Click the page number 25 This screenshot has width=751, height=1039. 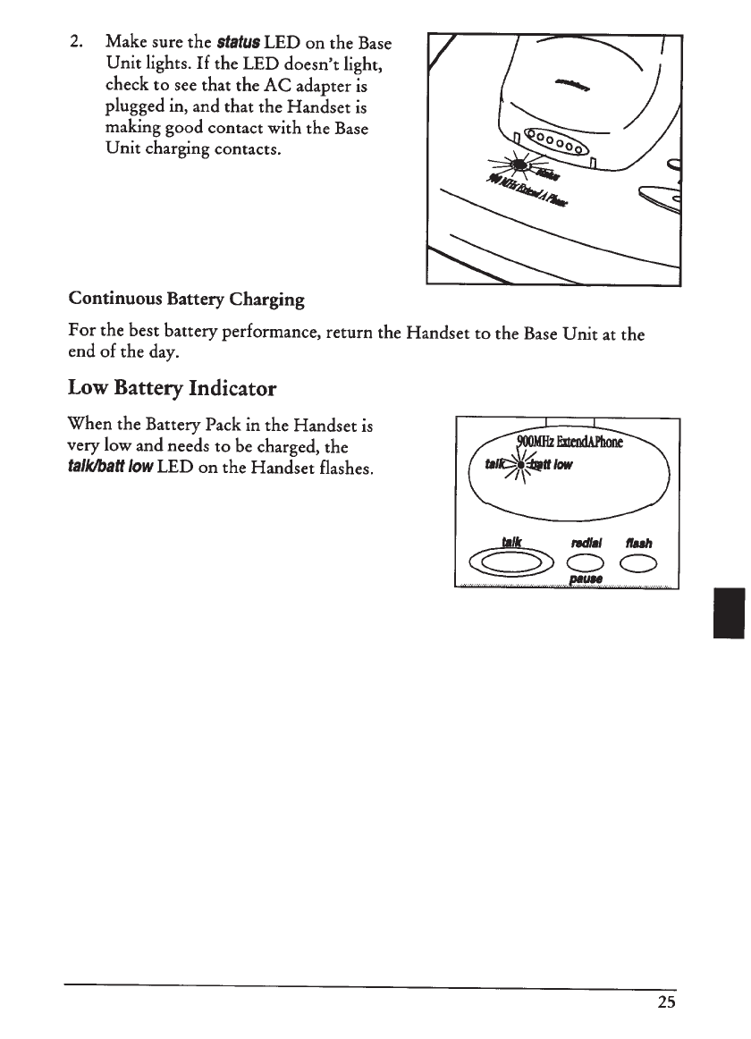pos(666,1002)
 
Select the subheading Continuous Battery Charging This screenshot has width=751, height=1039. pos(186,300)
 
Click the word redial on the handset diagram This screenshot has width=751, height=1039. pos(586,542)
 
